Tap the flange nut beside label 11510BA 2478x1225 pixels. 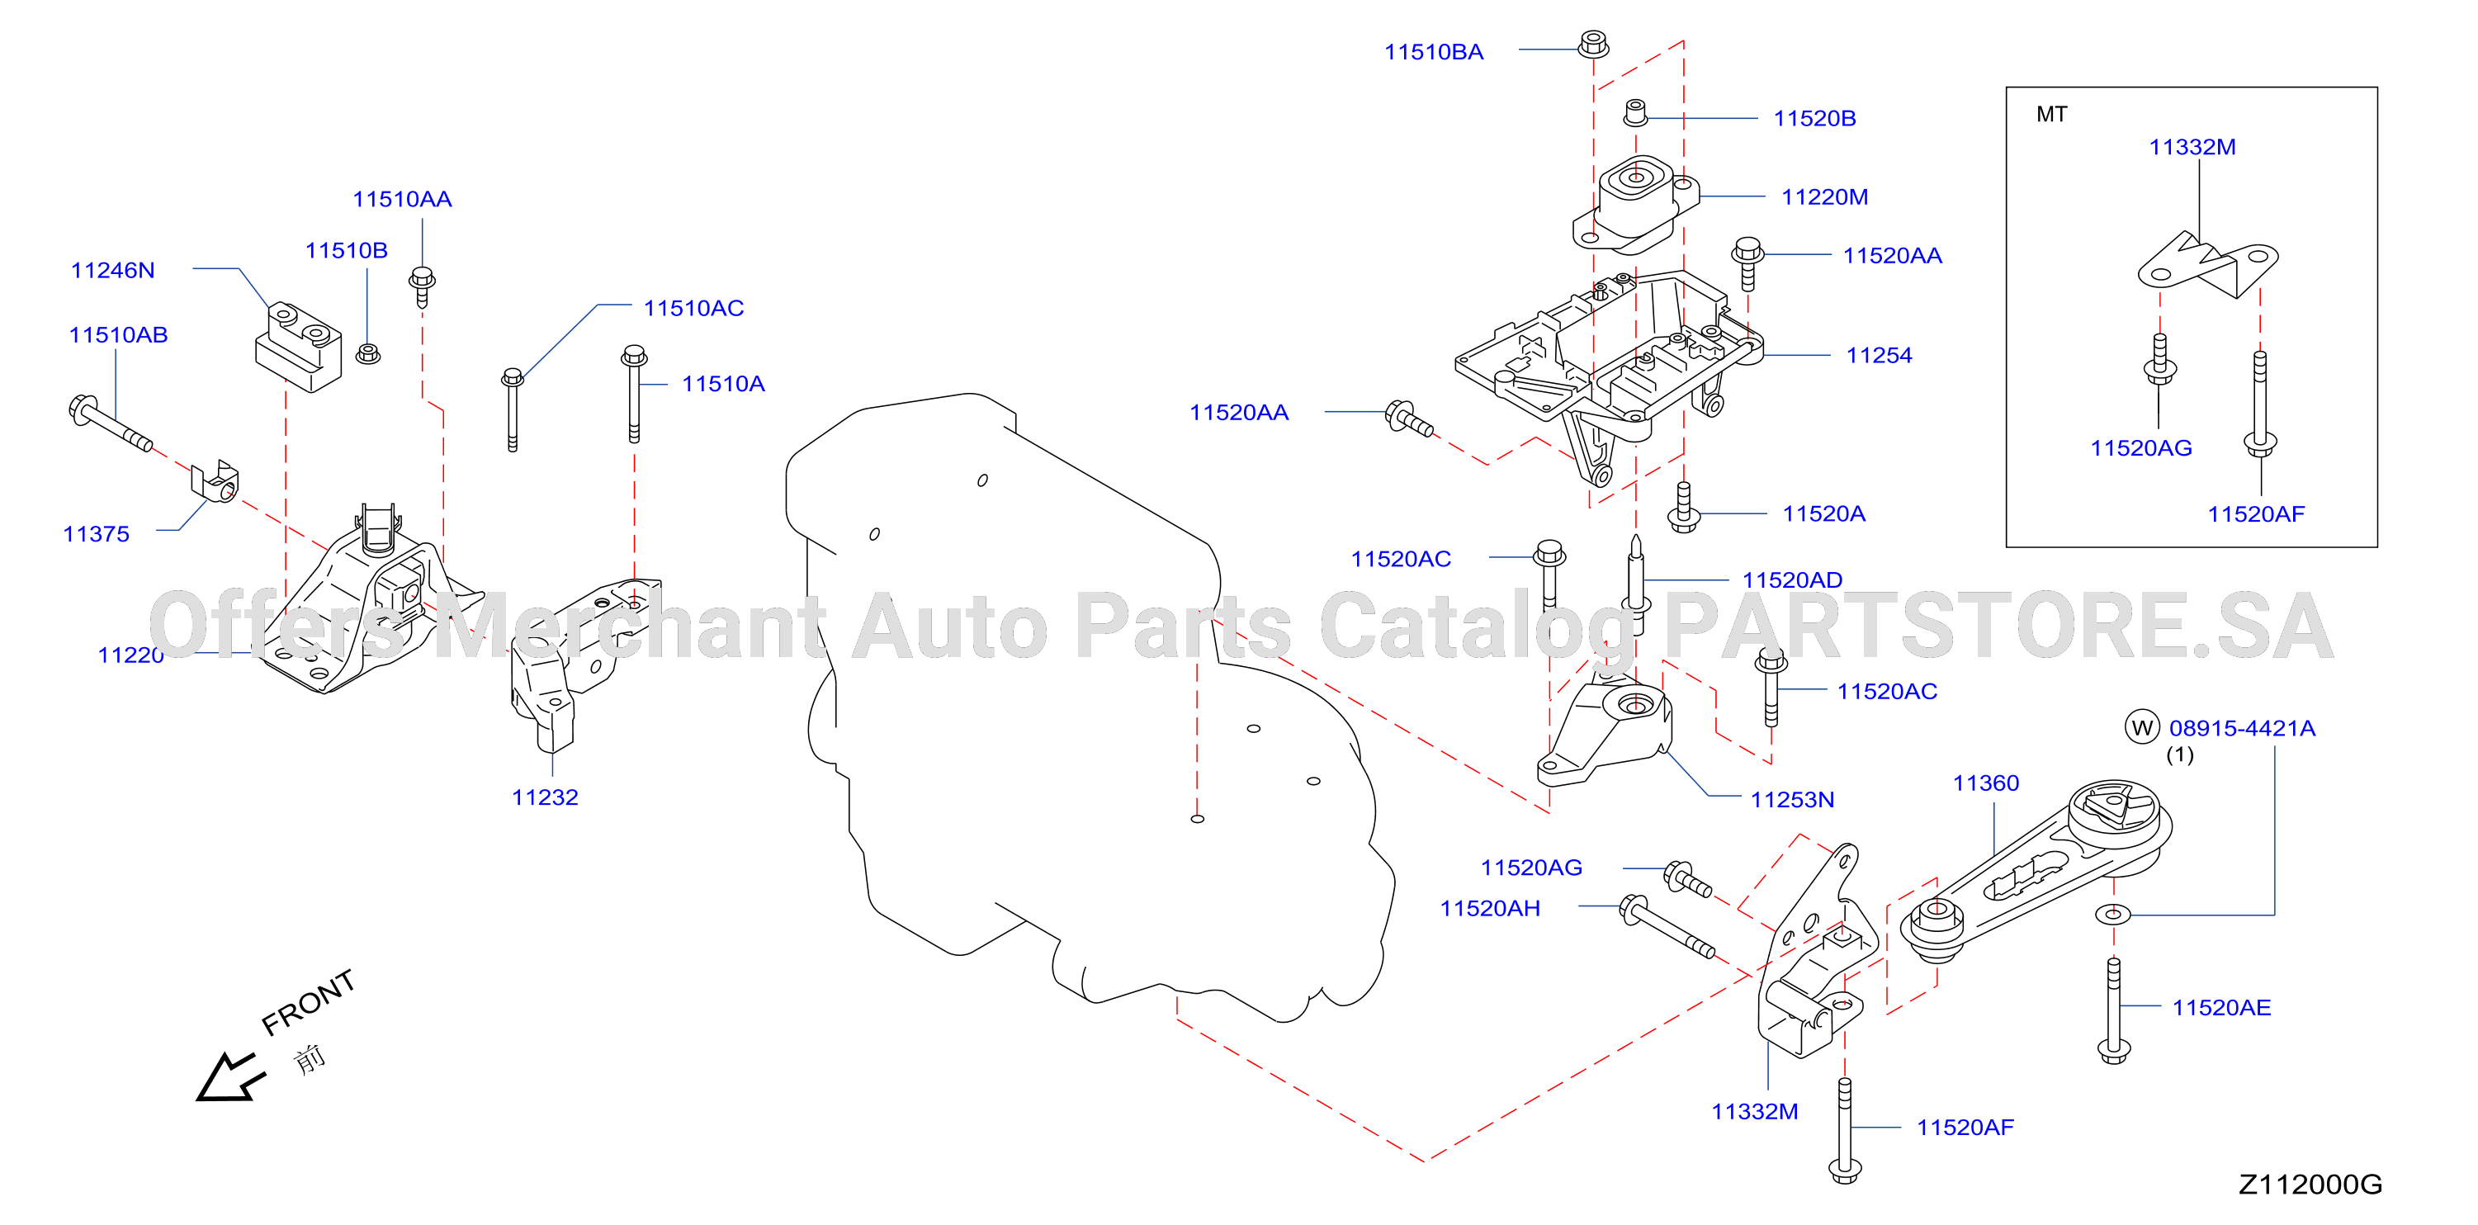tap(1593, 43)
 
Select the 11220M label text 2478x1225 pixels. tap(1825, 197)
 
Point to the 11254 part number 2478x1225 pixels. tap(1879, 355)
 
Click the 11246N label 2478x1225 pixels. tap(112, 271)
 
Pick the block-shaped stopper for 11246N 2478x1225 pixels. tap(298, 347)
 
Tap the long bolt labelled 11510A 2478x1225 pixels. tap(633, 394)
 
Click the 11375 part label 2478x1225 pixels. tap(97, 534)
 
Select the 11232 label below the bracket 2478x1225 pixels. tap(545, 797)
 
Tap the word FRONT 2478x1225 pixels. tap(308, 1002)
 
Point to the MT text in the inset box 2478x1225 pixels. tap(2051, 115)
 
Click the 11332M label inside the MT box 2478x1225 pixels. tap(2192, 147)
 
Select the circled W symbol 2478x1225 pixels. tap(2142, 727)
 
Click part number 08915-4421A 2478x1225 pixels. tap(2241, 728)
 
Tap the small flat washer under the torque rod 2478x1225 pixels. tap(2112, 913)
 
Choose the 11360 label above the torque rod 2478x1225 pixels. tap(1985, 783)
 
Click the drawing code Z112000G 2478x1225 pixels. tap(2310, 1185)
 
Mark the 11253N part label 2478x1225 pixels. tap(1792, 800)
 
